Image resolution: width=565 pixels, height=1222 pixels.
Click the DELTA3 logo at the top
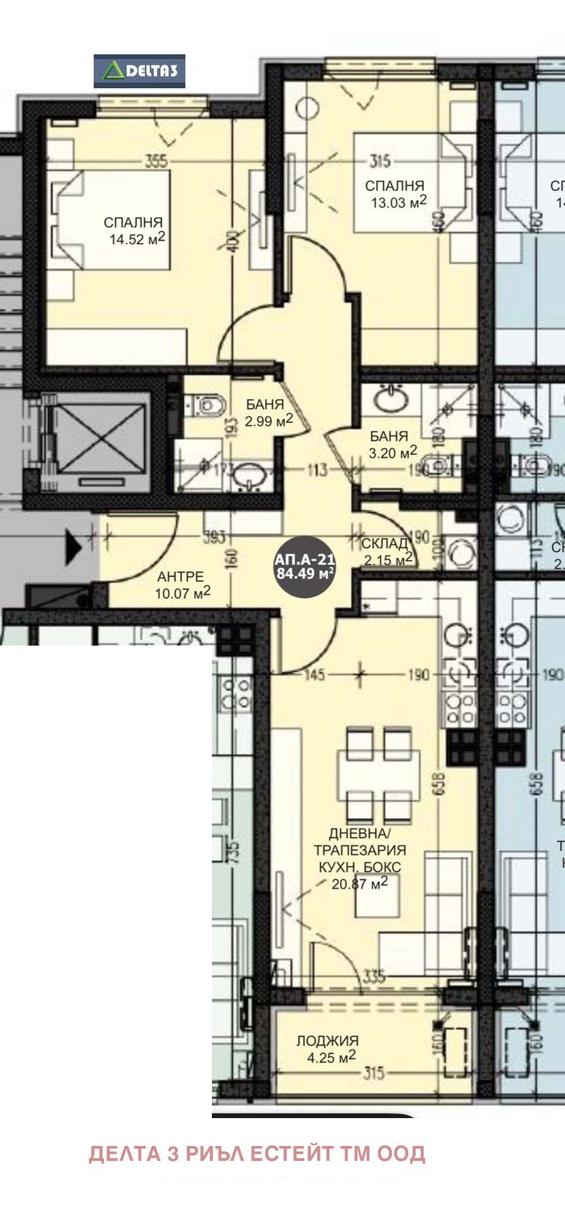point(139,71)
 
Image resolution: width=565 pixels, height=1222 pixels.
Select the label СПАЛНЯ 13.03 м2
point(396,193)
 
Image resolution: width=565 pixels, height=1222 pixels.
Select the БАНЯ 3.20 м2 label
point(391,445)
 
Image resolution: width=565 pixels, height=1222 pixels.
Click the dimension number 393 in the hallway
point(215,538)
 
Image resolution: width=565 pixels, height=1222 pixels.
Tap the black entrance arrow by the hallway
point(73,547)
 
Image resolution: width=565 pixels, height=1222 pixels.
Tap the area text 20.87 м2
point(359,883)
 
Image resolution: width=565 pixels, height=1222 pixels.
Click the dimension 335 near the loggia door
point(374,976)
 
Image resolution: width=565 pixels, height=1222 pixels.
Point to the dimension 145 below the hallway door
point(314,675)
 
